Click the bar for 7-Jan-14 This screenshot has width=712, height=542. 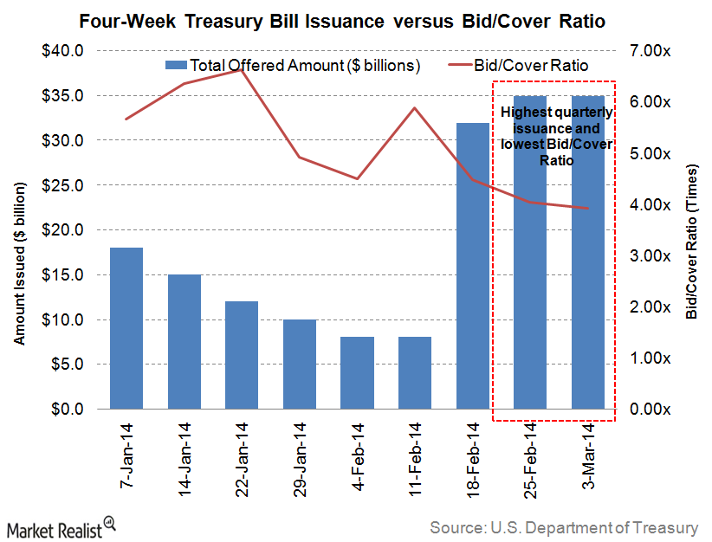[x=126, y=328]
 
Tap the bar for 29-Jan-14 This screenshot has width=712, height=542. [x=300, y=364]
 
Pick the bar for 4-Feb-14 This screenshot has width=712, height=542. [x=357, y=372]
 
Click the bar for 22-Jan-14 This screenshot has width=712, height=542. [x=242, y=355]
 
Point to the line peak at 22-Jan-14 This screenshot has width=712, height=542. [x=242, y=69]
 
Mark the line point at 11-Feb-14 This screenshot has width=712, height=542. [x=415, y=108]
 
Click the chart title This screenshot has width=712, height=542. [x=356, y=19]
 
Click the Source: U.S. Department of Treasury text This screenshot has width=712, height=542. [x=564, y=526]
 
